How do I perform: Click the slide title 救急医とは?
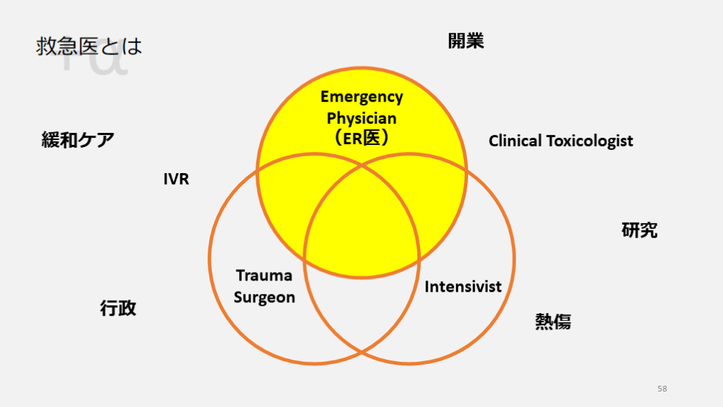(x=89, y=47)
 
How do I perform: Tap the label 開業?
(x=466, y=41)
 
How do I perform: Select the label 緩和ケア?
(x=78, y=140)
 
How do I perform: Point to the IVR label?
(x=176, y=179)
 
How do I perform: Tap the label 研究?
(x=640, y=230)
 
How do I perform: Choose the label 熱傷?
(x=553, y=322)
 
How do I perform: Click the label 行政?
(x=118, y=308)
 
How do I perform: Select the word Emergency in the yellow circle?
(x=361, y=97)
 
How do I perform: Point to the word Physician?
(x=361, y=118)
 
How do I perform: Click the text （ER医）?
(x=361, y=138)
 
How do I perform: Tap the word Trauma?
(x=264, y=276)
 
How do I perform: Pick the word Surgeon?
(x=264, y=297)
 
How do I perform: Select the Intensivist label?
(x=463, y=287)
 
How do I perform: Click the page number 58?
(x=662, y=389)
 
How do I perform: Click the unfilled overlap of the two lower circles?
(x=361, y=311)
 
